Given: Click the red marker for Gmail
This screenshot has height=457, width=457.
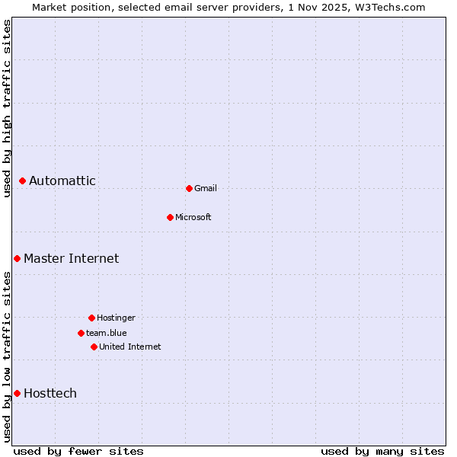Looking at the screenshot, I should tap(189, 188).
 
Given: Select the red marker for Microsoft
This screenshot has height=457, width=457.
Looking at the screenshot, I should tap(171, 217).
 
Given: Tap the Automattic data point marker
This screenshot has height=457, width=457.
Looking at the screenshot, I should tap(23, 181).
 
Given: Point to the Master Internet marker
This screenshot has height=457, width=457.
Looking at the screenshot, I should tap(17, 259).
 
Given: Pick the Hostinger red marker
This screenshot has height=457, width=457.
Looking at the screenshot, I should tap(91, 318).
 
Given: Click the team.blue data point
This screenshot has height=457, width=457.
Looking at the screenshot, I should tap(81, 333).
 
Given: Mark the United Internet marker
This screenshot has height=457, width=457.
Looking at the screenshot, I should tap(94, 347).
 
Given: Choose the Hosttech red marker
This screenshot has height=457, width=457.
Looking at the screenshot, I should tap(17, 393).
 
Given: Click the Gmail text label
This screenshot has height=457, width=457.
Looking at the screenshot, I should tap(206, 188).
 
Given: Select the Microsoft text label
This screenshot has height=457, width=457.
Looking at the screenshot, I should tap(193, 217).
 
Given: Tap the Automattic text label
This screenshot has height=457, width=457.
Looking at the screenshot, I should tap(62, 181).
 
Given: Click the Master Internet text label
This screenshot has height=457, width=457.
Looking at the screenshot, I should tap(72, 259).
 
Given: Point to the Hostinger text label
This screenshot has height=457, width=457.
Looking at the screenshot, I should tap(116, 318).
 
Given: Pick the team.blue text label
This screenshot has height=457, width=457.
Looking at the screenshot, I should tap(107, 333).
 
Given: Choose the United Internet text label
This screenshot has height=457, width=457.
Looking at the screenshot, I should tap(130, 347).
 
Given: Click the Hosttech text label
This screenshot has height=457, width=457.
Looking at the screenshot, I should tap(50, 393).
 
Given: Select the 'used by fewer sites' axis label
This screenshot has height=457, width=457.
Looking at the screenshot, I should tap(78, 451).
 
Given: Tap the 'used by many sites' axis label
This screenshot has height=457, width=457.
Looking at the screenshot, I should tap(382, 451).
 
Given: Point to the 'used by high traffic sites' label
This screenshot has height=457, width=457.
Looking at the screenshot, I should tap(7, 108).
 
